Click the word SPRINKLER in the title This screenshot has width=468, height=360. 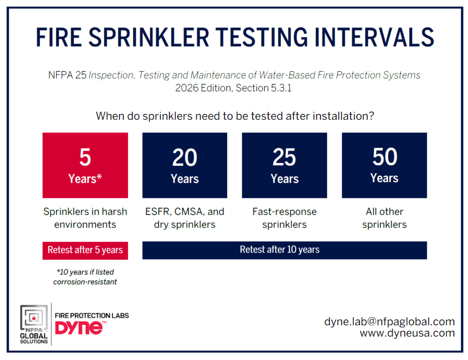point(149,37)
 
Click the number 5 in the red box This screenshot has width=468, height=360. point(85,157)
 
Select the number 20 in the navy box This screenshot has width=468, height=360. point(185,157)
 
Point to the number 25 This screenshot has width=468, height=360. point(284,157)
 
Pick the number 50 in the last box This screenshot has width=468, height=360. point(385,157)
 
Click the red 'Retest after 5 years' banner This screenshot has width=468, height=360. point(85,250)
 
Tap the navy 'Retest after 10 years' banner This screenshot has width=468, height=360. point(284,250)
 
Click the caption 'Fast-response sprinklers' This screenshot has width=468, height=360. point(284,218)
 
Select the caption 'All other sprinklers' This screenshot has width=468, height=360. point(384,218)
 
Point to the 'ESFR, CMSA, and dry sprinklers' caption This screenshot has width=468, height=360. point(185,218)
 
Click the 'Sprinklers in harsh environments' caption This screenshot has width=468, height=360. point(85,218)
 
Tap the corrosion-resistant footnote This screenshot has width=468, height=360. point(85,277)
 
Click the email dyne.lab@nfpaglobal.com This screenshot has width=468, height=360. point(389,322)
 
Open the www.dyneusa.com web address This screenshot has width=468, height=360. point(407,333)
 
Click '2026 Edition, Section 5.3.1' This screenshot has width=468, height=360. point(234,88)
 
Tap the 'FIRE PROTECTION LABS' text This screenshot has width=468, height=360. point(92,316)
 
